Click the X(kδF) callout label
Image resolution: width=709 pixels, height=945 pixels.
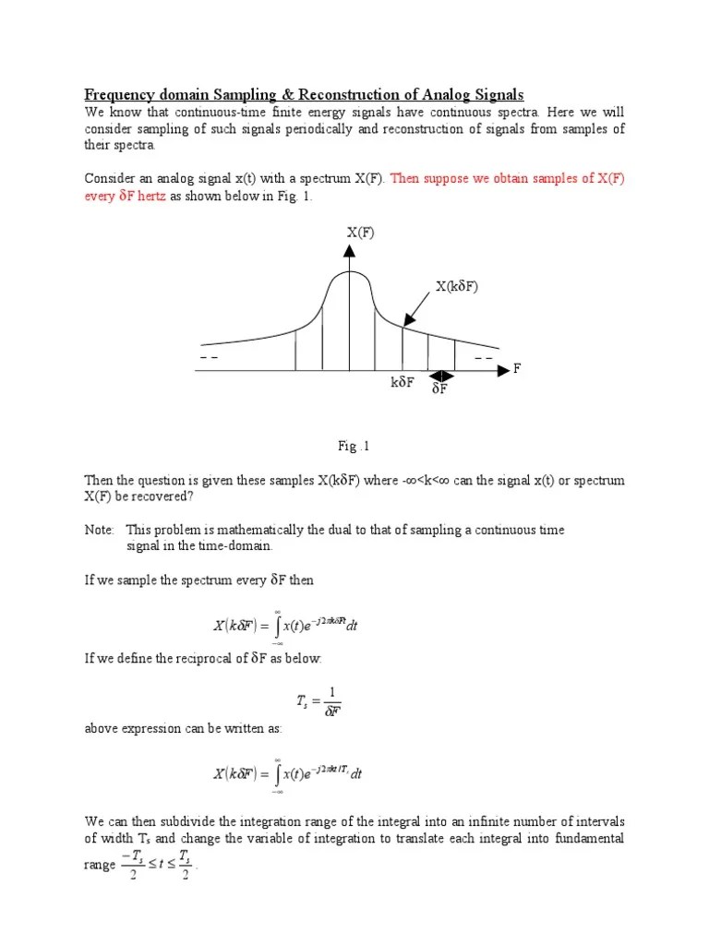pos(458,287)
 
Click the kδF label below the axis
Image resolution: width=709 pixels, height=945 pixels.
pos(403,382)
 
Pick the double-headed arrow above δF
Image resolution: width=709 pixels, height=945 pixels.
pos(442,375)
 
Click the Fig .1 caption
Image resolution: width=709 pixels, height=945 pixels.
pos(354,447)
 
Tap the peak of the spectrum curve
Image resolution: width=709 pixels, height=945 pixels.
pos(350,273)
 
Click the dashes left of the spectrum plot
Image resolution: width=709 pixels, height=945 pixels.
pos(208,357)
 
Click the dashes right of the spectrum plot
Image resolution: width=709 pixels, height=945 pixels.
pos(484,357)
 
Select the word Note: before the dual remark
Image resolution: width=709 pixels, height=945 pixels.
pos(100,530)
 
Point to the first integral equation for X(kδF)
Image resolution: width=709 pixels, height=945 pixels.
pos(286,625)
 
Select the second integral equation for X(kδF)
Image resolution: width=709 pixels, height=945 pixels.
pos(288,774)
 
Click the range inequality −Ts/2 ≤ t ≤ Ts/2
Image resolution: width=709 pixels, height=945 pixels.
pos(154,865)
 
